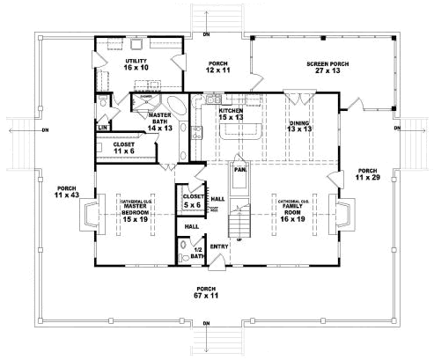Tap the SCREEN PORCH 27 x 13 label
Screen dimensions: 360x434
(x=325, y=67)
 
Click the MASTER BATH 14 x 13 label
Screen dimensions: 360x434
(x=160, y=122)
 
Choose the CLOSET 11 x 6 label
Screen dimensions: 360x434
(x=123, y=147)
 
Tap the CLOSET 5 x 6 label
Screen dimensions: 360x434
(x=191, y=201)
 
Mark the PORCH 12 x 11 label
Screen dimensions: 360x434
(x=217, y=68)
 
